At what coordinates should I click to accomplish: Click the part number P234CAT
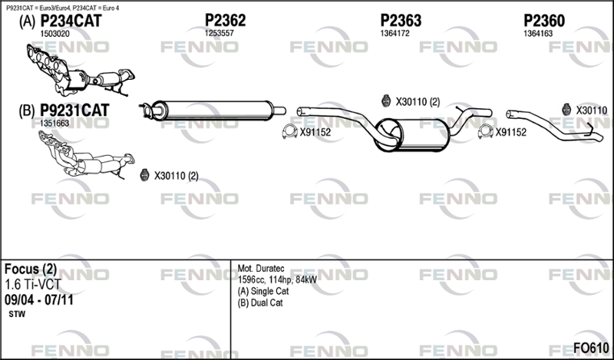click(x=71, y=21)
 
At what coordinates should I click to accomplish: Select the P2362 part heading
click(x=225, y=21)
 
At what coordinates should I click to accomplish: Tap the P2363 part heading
click(x=401, y=21)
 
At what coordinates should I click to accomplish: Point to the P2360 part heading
click(x=544, y=21)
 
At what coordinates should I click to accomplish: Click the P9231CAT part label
click(x=74, y=111)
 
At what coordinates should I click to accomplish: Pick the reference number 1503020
click(x=54, y=34)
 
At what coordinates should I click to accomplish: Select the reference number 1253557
click(x=220, y=33)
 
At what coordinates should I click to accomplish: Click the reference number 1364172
click(x=394, y=33)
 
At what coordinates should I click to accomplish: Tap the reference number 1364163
click(x=539, y=33)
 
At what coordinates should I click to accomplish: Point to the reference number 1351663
click(x=54, y=123)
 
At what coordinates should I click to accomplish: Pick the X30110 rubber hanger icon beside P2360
click(x=566, y=110)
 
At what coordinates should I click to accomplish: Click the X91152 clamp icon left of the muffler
click(x=290, y=131)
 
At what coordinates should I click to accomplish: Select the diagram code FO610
click(x=591, y=348)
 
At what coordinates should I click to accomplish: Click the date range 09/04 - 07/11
click(x=39, y=300)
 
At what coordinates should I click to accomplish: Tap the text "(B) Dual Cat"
click(x=260, y=302)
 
